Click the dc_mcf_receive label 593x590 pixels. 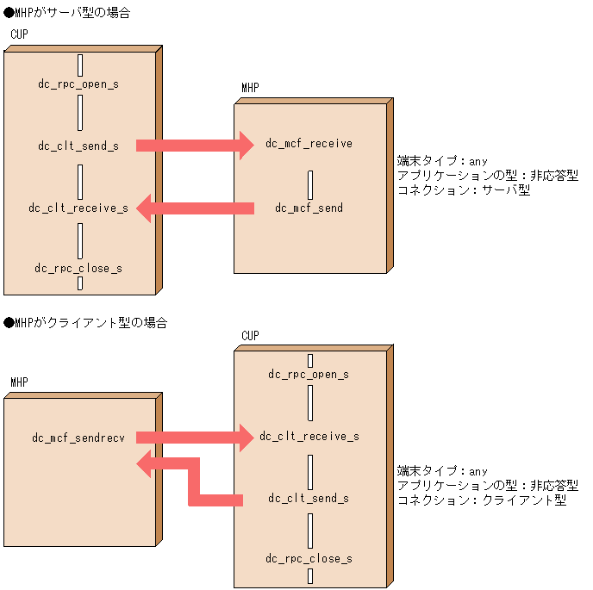pyautogui.click(x=309, y=144)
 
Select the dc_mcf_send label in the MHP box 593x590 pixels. pyautogui.click(x=309, y=208)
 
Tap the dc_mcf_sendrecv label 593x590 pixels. pyautogui.click(x=78, y=438)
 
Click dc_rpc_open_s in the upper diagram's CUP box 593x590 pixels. pyautogui.click(x=78, y=84)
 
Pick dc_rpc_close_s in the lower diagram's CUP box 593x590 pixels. pyautogui.click(x=309, y=559)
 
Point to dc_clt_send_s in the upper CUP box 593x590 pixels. pyautogui.click(x=78, y=146)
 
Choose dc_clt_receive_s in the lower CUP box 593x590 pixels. pyautogui.click(x=309, y=437)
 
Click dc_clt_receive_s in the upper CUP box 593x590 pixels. pyautogui.click(x=78, y=208)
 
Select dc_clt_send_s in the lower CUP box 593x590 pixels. pyautogui.click(x=309, y=499)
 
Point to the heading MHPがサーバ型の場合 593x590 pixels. pyautogui.click(x=67, y=13)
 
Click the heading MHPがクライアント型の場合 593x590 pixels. pyautogui.click(x=85, y=323)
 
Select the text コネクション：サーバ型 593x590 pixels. pyautogui.click(x=463, y=189)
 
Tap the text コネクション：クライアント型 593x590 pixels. pyautogui.click(x=481, y=500)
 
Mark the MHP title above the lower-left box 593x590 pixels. pyautogui.click(x=20, y=382)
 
